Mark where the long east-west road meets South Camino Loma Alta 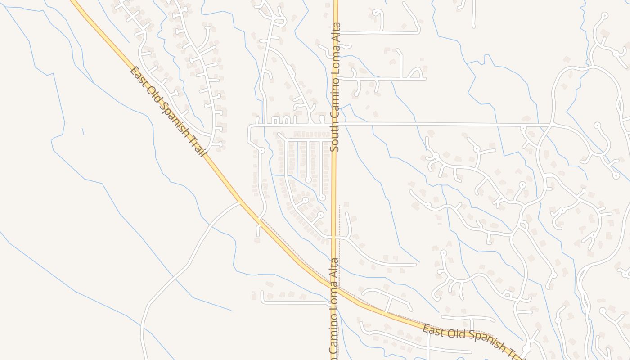click(335, 123)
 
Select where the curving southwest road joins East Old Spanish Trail click(240, 203)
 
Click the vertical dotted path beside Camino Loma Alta click(339, 243)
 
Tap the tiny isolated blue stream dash click(83, 131)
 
